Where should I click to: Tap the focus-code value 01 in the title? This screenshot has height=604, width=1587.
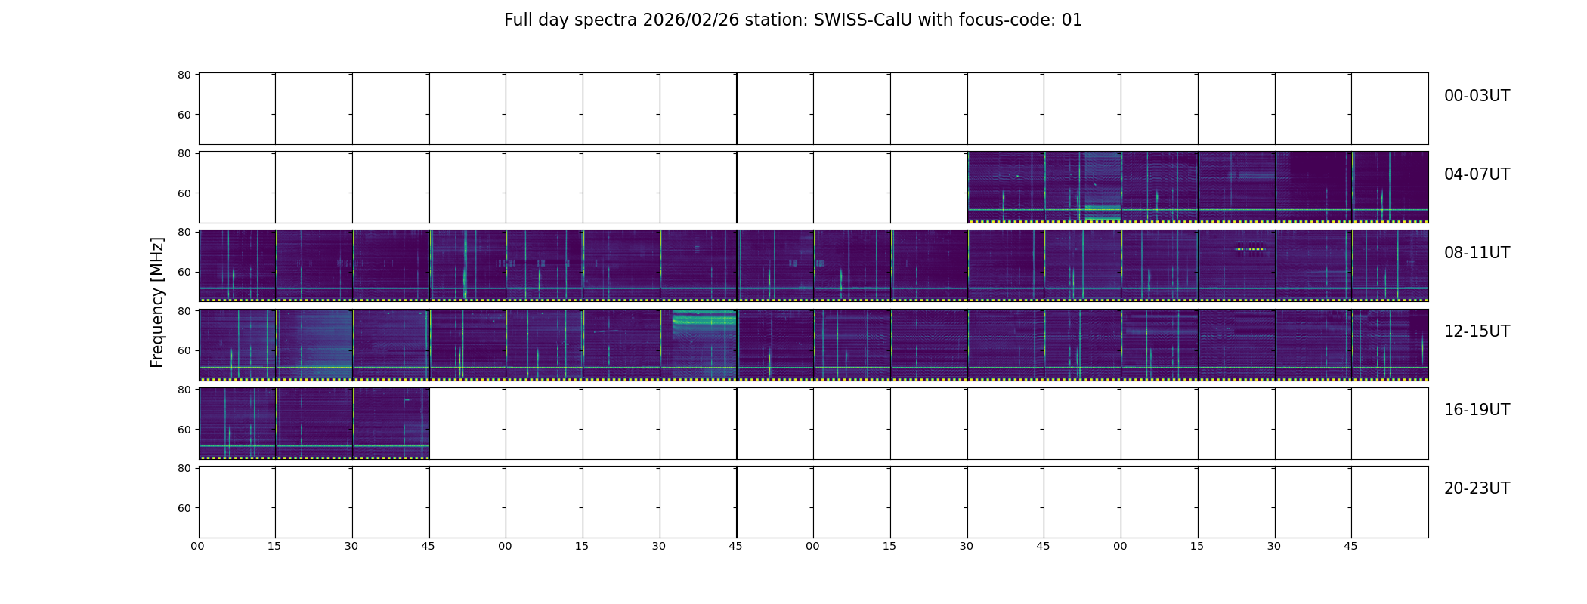tap(1072, 20)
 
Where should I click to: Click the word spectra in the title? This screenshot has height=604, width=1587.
tap(606, 21)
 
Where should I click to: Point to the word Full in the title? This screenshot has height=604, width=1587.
tap(518, 20)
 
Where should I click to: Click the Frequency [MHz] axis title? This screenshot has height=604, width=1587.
tap(157, 302)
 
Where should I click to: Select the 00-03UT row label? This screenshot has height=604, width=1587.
tap(1477, 96)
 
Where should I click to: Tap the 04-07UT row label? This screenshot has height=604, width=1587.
tap(1477, 174)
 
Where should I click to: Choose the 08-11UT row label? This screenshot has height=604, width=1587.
tap(1477, 253)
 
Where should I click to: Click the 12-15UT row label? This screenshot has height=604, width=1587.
tap(1477, 331)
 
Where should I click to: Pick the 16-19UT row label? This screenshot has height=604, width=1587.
tap(1477, 410)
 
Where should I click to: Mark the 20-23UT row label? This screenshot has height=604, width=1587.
tap(1477, 488)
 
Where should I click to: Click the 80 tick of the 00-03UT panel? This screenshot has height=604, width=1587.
tap(184, 75)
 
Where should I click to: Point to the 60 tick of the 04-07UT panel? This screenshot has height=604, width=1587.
tap(184, 193)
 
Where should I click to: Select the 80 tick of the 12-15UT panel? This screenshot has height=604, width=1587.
tap(184, 311)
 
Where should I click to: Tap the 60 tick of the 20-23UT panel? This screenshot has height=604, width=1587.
tap(184, 508)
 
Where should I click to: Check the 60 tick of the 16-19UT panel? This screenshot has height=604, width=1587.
tap(184, 430)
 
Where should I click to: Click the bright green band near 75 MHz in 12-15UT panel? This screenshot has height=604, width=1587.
tap(704, 321)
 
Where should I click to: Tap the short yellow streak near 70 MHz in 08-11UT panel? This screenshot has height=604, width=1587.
tap(1250, 249)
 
